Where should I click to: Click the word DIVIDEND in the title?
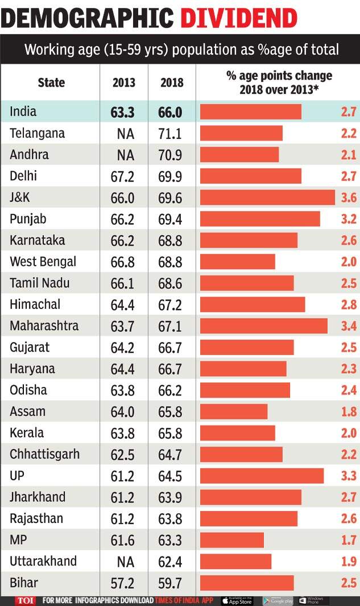239,18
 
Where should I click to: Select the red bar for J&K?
267,197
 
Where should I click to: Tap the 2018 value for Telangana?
171,134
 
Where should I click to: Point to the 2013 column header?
123,83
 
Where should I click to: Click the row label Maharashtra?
44,326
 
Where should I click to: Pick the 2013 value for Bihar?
122,583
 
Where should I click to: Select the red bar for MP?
232,540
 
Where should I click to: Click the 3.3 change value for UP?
349,476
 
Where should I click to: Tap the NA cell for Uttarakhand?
125,562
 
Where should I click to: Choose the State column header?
51,83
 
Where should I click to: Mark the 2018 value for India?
170,112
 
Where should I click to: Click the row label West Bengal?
43,262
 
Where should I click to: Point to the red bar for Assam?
234,411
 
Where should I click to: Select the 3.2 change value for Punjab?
349,219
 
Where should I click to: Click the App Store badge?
237,600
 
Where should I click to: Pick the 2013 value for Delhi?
122,176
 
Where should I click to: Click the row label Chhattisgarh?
44,455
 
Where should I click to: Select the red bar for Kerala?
237,433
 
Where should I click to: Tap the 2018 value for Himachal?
171,305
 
